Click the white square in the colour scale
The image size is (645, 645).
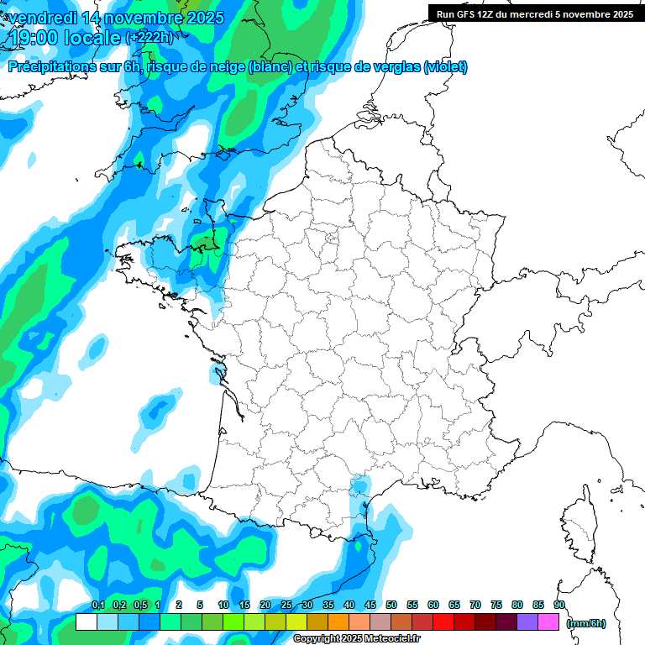pyautogui.click(x=86, y=622)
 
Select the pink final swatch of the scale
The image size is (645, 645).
pyautogui.click(x=548, y=622)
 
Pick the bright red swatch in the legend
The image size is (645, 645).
pyautogui.click(x=443, y=622)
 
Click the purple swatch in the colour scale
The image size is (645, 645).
pyautogui.click(x=527, y=622)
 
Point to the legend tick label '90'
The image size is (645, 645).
pyautogui.click(x=559, y=605)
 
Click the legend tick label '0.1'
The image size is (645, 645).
pyautogui.click(x=97, y=605)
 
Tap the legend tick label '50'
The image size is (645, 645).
pyautogui.click(x=391, y=605)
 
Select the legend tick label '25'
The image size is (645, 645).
pyautogui.click(x=286, y=605)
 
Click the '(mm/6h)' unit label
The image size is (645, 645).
pyautogui.click(x=586, y=623)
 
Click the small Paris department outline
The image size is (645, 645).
pyautogui.click(x=332, y=238)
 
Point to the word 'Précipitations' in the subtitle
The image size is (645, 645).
pyautogui.click(x=54, y=67)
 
